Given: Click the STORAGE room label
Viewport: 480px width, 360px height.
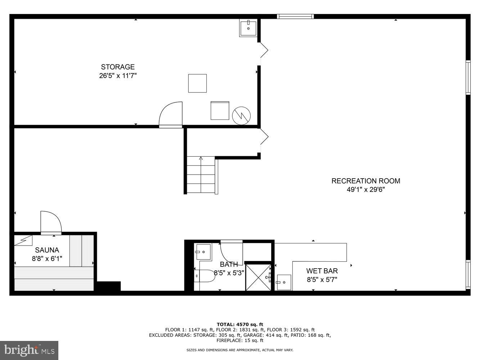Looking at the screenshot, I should click(118, 67).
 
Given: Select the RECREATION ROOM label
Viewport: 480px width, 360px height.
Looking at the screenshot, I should click(365, 181).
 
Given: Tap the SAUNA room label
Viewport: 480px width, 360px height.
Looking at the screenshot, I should click(47, 250).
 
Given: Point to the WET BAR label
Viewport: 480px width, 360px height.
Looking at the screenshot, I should click(322, 271).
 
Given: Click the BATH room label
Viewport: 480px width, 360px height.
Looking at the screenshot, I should click(229, 265).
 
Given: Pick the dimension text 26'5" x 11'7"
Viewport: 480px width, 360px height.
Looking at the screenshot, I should click(118, 76).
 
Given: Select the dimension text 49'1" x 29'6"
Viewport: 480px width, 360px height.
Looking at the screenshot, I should click(365, 190).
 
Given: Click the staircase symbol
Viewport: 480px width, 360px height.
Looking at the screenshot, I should click(201, 175).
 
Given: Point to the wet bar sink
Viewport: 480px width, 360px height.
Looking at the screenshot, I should click(284, 282).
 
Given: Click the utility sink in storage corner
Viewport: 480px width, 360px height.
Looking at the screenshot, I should click(248, 28).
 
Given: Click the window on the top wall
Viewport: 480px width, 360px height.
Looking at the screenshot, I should click(295, 16).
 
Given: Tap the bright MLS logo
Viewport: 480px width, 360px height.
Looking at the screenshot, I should click(29, 350).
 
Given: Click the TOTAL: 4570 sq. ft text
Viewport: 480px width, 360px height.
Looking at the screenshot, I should click(240, 324).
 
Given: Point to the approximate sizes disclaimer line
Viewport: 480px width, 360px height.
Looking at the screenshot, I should click(240, 350).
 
